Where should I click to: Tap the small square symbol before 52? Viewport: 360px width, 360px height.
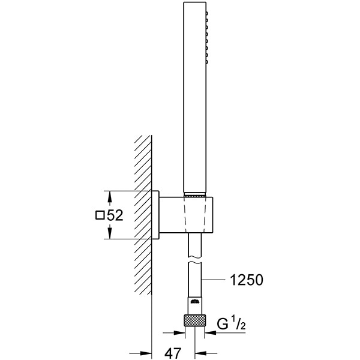100,215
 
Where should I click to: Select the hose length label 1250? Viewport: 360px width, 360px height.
246,280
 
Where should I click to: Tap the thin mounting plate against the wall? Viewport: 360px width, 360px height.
155,215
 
